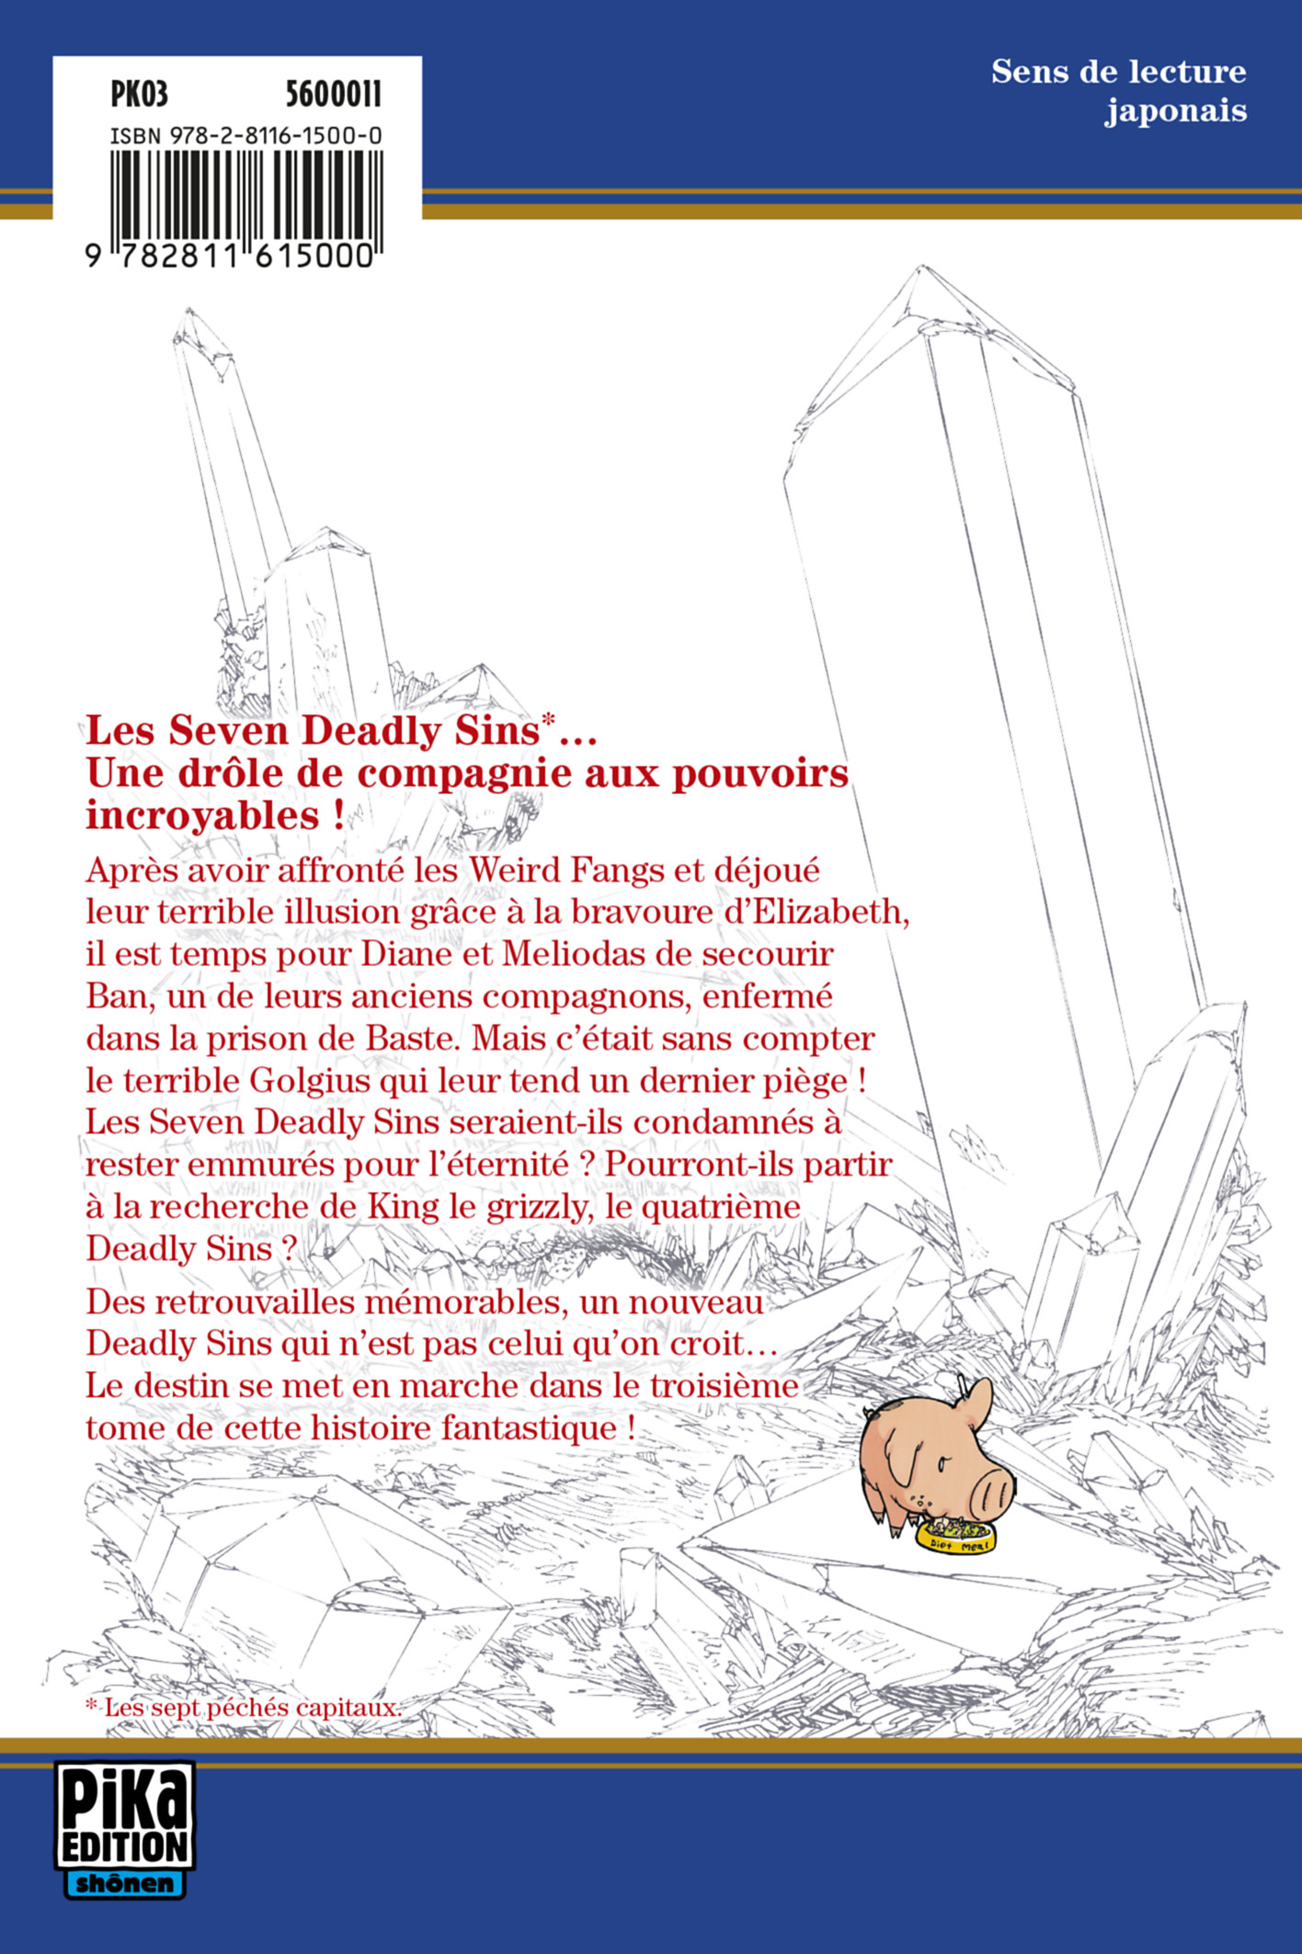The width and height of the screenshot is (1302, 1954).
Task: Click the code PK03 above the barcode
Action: point(139,95)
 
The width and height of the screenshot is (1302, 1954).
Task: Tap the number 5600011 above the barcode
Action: point(333,95)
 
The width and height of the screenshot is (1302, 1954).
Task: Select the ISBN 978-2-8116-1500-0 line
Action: point(246,137)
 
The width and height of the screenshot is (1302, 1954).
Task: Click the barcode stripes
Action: point(246,195)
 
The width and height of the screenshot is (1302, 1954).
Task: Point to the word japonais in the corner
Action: point(1175,112)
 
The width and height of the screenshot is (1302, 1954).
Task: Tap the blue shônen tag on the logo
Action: point(125,1883)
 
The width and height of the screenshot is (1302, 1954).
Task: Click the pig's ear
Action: point(977,1403)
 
